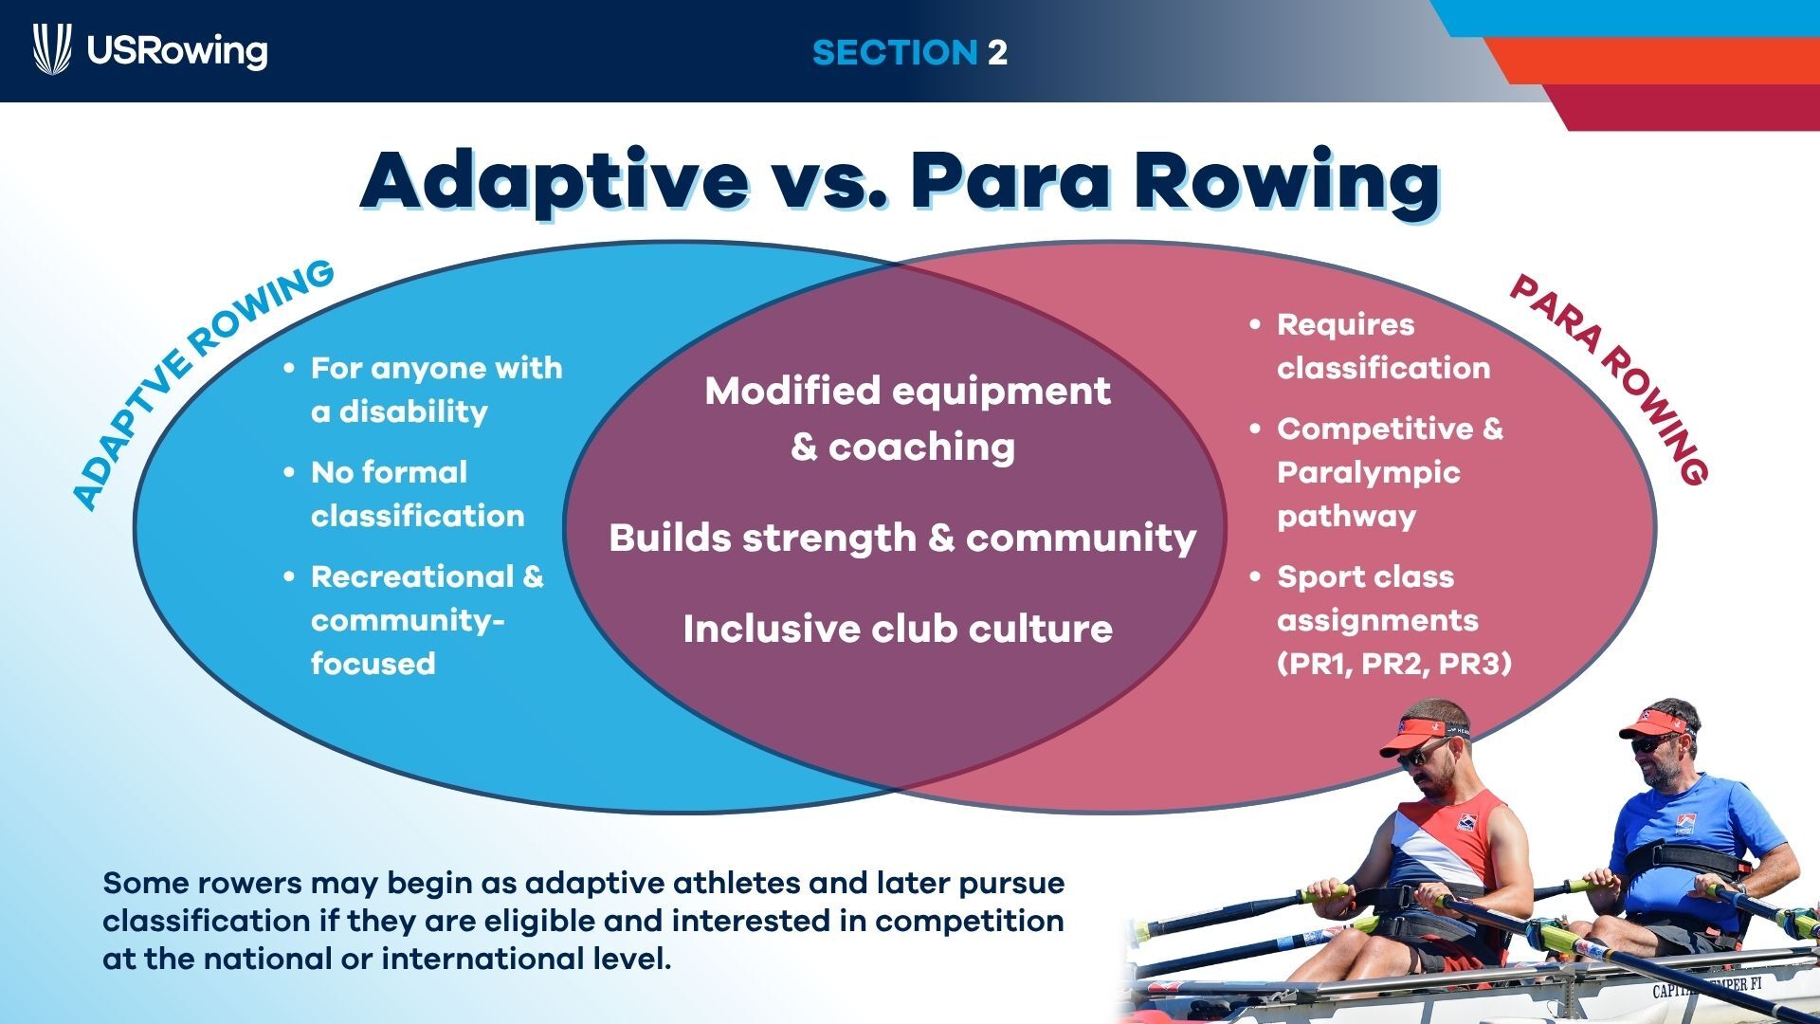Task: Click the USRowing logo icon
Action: [x=52, y=49]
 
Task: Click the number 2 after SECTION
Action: [x=997, y=52]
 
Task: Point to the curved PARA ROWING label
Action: [x=1611, y=378]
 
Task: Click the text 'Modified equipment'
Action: [x=907, y=391]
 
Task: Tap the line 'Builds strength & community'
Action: [x=902, y=538]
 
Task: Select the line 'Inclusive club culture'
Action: [x=898, y=629]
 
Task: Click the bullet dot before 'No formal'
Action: [x=290, y=472]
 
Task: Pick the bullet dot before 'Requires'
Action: [x=1256, y=324]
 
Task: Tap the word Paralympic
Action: [x=1368, y=473]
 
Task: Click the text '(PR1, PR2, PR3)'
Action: [x=1394, y=664]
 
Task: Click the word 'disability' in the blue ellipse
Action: [x=413, y=411]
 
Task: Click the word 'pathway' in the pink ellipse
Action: [x=1346, y=518]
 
